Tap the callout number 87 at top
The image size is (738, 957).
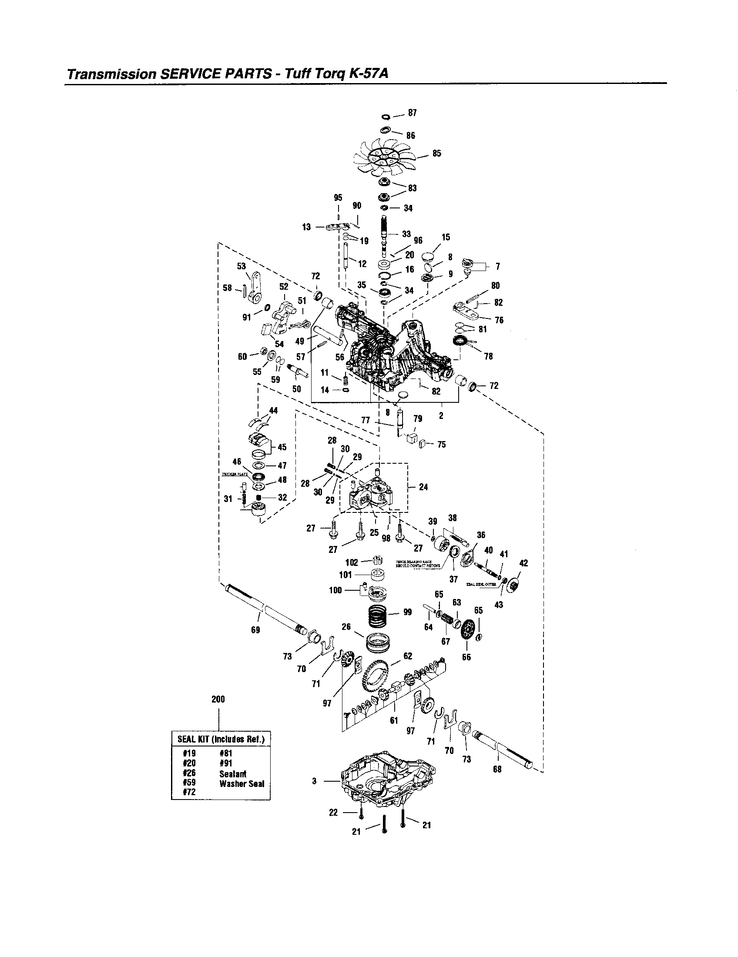[x=412, y=113]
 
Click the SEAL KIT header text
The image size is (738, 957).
[x=221, y=739]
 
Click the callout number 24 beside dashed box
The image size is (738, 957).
[x=423, y=487]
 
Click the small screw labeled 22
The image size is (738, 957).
[x=361, y=813]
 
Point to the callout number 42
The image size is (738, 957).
[x=523, y=563]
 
